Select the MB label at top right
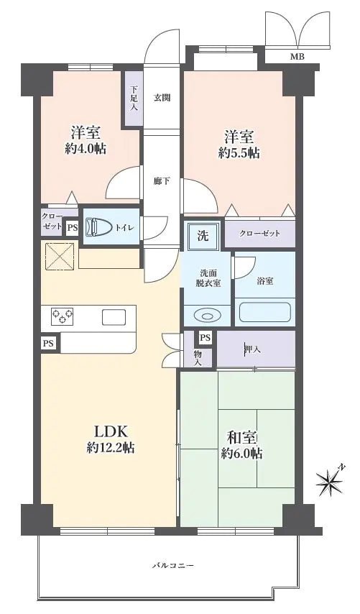point(296,56)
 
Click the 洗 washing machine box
point(203,234)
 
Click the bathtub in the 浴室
point(265,312)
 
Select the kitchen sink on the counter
point(114,317)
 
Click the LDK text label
point(111,431)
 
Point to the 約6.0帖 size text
point(241,454)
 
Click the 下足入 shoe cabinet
point(134,98)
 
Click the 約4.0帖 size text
point(84,150)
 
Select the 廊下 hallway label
point(162,180)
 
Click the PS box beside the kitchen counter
point(48,344)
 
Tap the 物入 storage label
point(198,355)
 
